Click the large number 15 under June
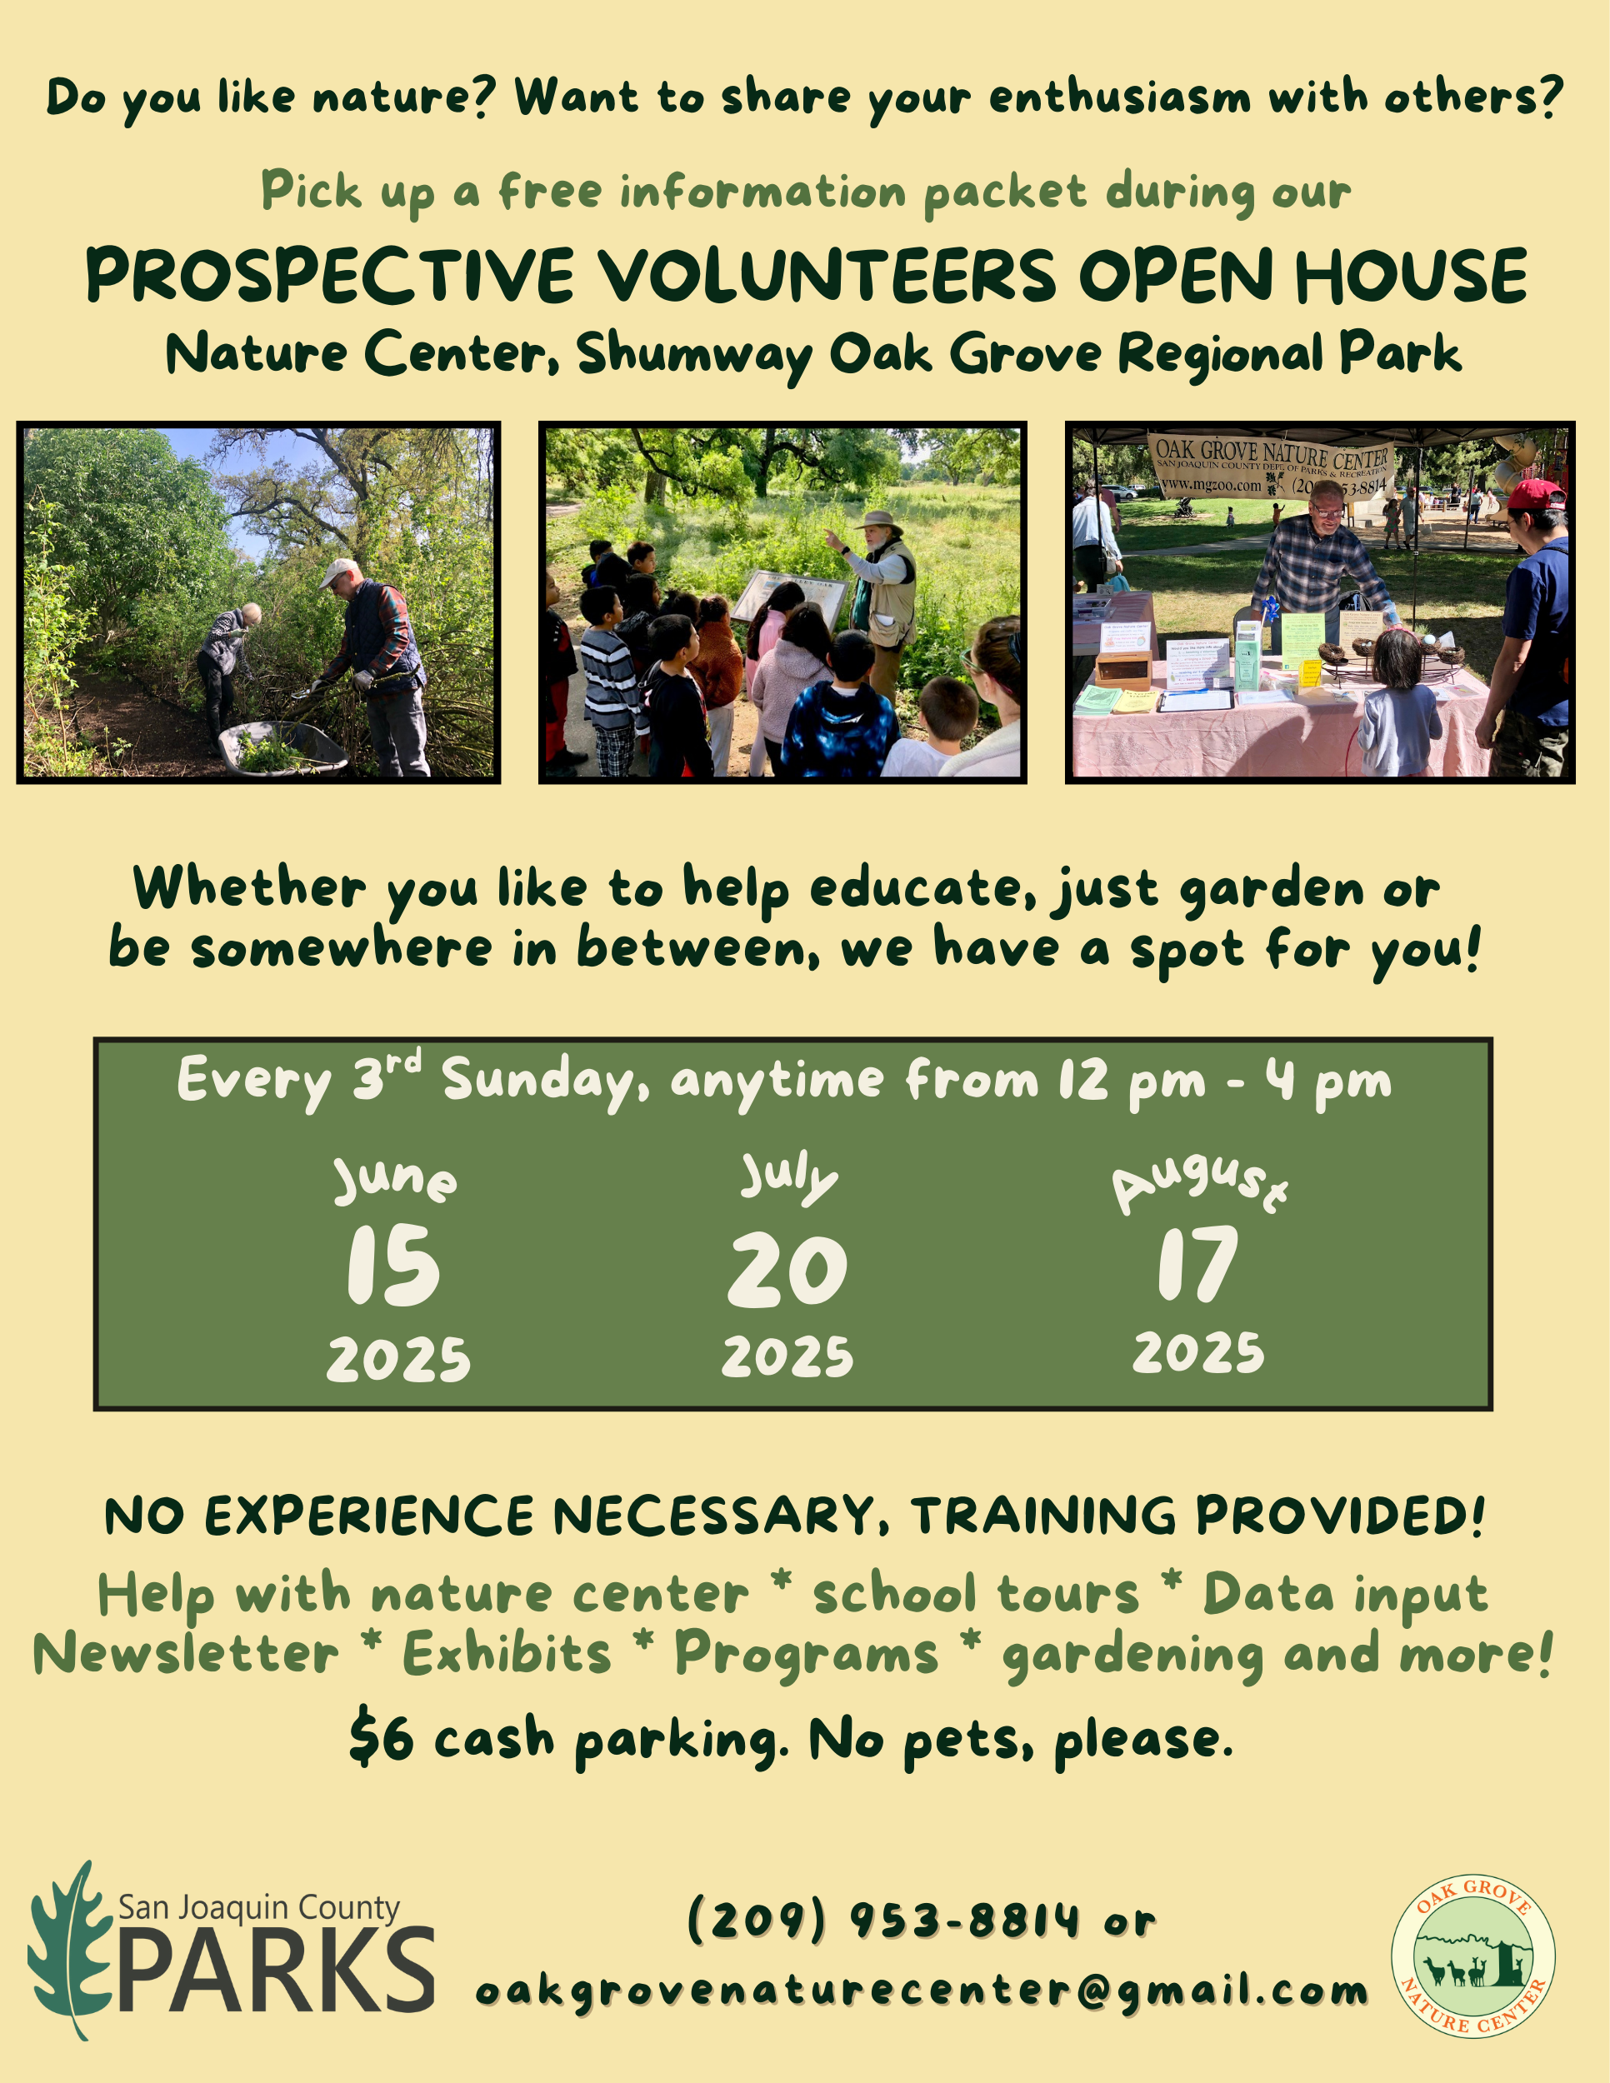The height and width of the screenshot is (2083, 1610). (393, 1265)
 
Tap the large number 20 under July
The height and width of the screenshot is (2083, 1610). (787, 1270)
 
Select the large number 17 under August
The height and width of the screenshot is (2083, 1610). (1198, 1264)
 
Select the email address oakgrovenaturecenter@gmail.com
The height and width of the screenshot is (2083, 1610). (922, 1991)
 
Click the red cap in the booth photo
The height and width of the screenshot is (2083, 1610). (1533, 495)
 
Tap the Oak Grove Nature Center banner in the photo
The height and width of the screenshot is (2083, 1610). (1272, 467)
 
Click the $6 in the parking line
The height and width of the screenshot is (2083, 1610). (382, 1738)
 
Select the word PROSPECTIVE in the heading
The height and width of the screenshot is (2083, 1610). (330, 276)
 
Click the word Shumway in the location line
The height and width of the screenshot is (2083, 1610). (694, 355)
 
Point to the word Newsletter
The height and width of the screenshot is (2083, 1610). (186, 1655)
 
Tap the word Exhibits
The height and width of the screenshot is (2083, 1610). (507, 1655)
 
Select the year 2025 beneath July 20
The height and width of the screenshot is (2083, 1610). (787, 1357)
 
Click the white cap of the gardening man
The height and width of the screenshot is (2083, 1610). (337, 572)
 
